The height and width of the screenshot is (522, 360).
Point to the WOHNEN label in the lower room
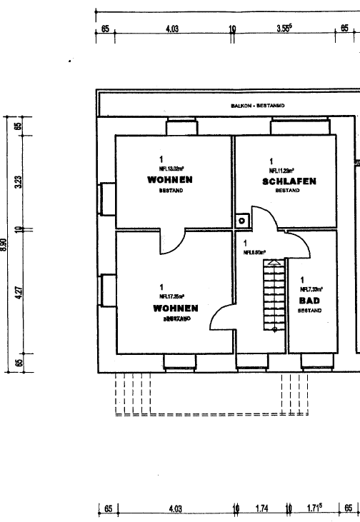pyautogui.click(x=175, y=308)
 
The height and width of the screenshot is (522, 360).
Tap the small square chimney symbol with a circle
pyautogui.click(x=242, y=221)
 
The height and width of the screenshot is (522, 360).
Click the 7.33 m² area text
pyautogui.click(x=312, y=289)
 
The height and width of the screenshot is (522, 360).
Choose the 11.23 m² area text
pyautogui.click(x=282, y=171)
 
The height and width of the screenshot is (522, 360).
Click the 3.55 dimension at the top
pyautogui.click(x=284, y=29)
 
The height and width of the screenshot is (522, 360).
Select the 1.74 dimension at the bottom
pyautogui.click(x=261, y=509)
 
